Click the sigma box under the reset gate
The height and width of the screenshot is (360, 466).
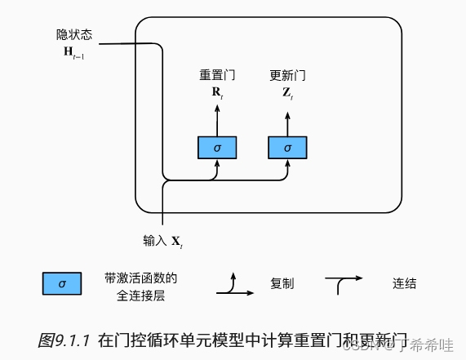pos(217,148)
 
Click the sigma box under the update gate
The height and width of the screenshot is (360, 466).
pos(287,148)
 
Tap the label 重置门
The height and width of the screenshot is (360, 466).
pos(217,75)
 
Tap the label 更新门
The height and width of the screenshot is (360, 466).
pos(287,75)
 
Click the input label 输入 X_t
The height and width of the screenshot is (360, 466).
pos(163,241)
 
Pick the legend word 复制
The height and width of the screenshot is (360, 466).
pos(282,284)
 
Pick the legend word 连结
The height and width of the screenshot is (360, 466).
pos(404,284)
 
